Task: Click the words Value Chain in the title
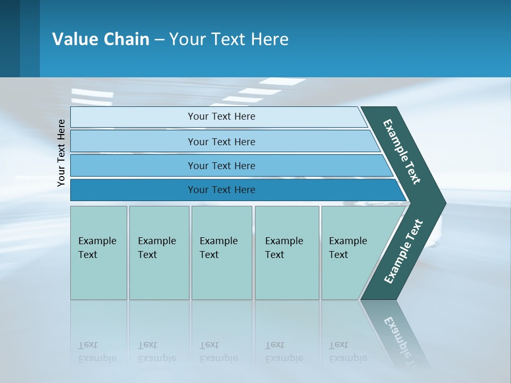101,39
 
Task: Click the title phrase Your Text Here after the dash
229,39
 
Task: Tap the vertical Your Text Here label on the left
61,153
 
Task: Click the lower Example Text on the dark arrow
403,252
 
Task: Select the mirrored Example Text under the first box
97,352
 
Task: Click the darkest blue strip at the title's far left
10,38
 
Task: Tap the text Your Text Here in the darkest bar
221,190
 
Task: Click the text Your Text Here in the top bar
221,116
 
